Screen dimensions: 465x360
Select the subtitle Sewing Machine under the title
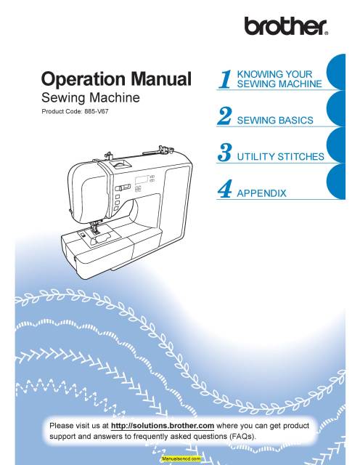tap(90, 97)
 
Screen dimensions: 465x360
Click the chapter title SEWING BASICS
tap(277, 119)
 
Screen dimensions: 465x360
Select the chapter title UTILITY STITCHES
tap(282, 156)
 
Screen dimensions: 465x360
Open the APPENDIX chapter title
tap(262, 193)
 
